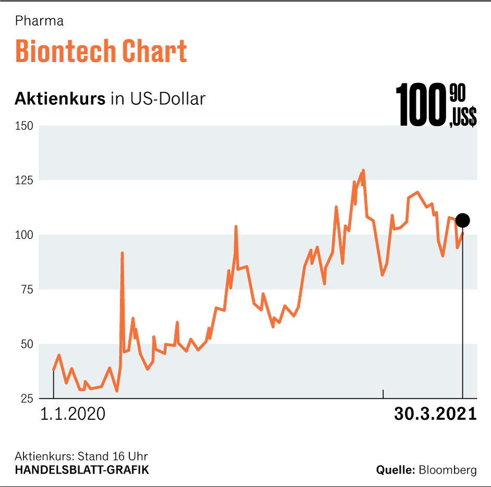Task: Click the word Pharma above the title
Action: pyautogui.click(x=39, y=21)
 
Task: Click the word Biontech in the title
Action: pyautogui.click(x=65, y=51)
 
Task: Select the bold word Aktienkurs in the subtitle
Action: pyautogui.click(x=60, y=99)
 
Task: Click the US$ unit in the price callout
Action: pyautogui.click(x=462, y=118)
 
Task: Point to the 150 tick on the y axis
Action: pyautogui.click(x=24, y=126)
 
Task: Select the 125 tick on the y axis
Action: pyautogui.click(x=24, y=180)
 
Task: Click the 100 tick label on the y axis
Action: pyautogui.click(x=24, y=235)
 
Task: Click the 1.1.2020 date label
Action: pyautogui.click(x=73, y=414)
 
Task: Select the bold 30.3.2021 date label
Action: pyautogui.click(x=435, y=414)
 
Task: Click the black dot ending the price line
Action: pyautogui.click(x=462, y=221)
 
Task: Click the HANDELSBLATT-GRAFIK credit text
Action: pyautogui.click(x=82, y=470)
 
